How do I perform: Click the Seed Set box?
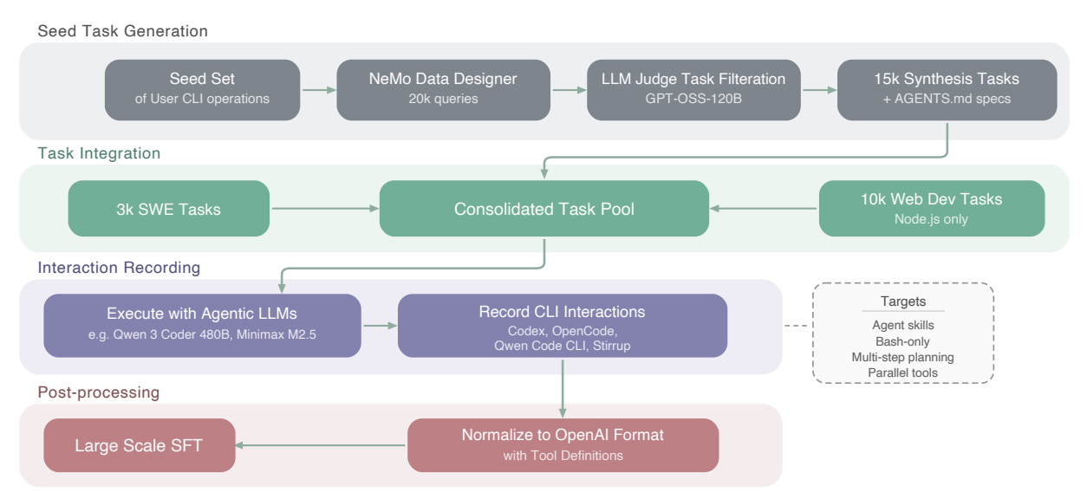coord(202,89)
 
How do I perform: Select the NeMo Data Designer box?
coord(443,89)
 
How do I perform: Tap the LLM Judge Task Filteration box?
coord(693,89)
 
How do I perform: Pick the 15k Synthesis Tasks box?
coord(947,89)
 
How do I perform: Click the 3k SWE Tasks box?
coord(168,209)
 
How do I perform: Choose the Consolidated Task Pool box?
coord(543,209)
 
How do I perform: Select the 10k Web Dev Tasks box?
coord(932,209)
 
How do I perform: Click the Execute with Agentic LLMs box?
coord(202,325)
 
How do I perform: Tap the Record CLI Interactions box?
coord(562,326)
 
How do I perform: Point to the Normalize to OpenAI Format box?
coord(563,445)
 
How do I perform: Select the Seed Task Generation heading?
coord(122,31)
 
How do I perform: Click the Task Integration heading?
coord(99,153)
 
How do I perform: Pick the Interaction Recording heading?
coord(119,268)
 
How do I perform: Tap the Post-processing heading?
coord(98,392)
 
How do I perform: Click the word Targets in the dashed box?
coord(902,302)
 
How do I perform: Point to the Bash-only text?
coord(902,341)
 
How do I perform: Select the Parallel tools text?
coord(902,373)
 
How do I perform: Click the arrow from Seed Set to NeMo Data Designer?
coord(318,89)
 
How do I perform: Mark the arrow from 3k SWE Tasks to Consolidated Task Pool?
coord(324,209)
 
